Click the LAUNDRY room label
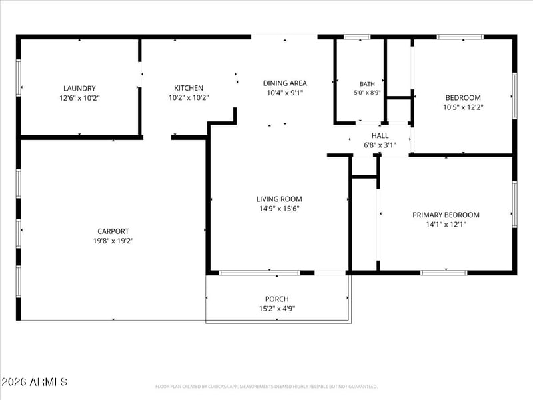[x=79, y=89]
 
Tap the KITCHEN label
[x=189, y=88]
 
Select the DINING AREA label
[x=285, y=83]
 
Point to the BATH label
[x=367, y=84]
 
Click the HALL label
[x=380, y=135]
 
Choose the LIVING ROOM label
[x=279, y=199]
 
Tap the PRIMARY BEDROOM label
[x=446, y=215]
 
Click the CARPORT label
[x=113, y=231]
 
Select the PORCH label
[x=277, y=299]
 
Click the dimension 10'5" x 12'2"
[x=463, y=107]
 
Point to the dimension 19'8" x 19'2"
[x=113, y=241]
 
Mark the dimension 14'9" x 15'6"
[x=279, y=209]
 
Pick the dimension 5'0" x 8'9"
[x=367, y=93]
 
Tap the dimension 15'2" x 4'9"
[x=277, y=309]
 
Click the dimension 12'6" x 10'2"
[x=79, y=98]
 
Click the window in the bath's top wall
[x=357, y=37]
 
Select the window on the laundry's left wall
[x=19, y=78]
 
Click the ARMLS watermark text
[x=34, y=381]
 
